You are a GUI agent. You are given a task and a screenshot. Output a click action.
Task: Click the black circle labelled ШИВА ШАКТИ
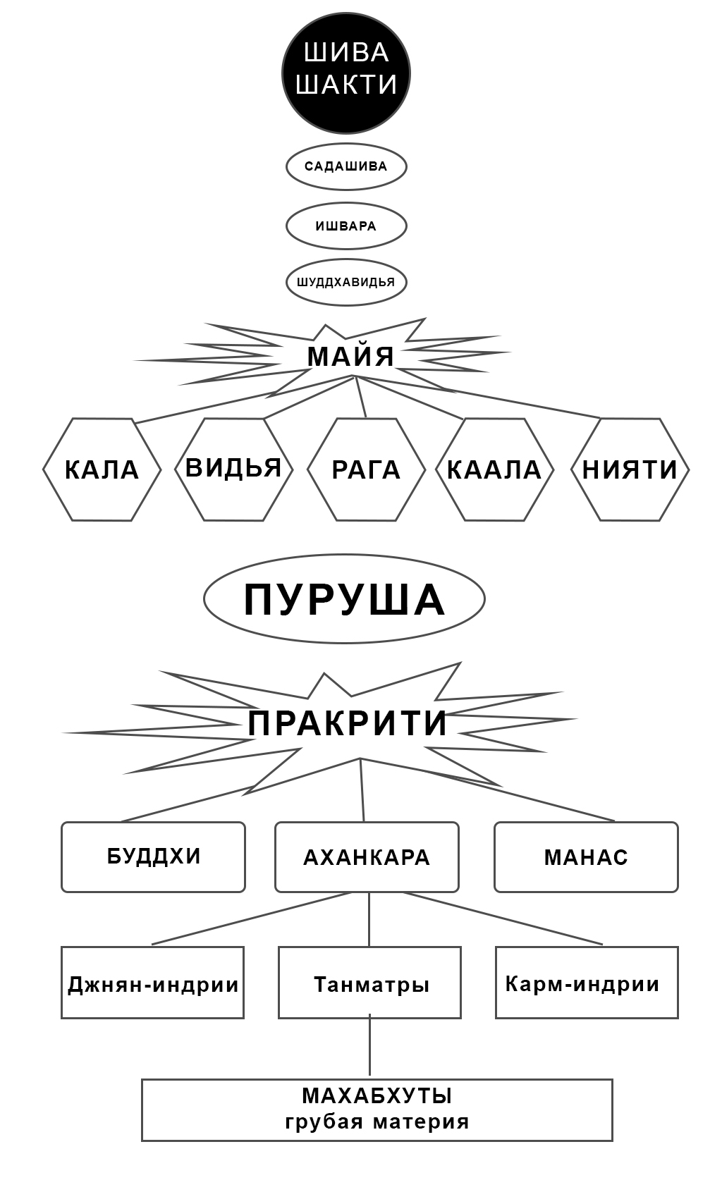coord(346,73)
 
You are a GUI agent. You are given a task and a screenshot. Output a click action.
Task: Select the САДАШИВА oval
coord(346,167)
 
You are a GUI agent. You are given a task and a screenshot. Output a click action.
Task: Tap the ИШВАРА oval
coord(346,226)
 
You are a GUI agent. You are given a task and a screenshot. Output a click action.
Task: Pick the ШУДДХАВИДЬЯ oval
coord(346,282)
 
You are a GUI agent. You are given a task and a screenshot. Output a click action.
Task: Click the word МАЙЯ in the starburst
coord(350,356)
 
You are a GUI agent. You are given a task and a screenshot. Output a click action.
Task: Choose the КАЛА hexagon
coord(102,469)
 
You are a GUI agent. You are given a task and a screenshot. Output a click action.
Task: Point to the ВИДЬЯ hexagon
coord(233,469)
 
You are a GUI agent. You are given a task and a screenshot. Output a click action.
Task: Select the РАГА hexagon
coord(366,469)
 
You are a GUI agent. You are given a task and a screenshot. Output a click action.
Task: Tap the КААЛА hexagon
coord(494,469)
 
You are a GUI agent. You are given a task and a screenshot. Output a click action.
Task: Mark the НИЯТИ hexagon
coord(630,469)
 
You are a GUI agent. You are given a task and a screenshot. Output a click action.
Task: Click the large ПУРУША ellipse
coord(344,599)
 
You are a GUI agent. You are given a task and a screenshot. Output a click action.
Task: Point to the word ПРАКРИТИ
coord(348,723)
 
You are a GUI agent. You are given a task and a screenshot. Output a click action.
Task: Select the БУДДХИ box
coord(154,856)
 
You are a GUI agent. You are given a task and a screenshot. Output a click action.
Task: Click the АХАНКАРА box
coord(367,857)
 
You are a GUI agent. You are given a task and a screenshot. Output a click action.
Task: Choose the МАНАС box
coord(586,857)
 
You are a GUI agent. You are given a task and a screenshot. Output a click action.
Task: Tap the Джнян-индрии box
coord(153,983)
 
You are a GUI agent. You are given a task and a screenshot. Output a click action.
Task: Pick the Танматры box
coord(370,983)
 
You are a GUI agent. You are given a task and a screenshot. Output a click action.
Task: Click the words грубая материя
coord(377,1122)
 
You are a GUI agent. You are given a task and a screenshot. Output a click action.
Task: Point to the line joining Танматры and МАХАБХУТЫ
coord(369,1049)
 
